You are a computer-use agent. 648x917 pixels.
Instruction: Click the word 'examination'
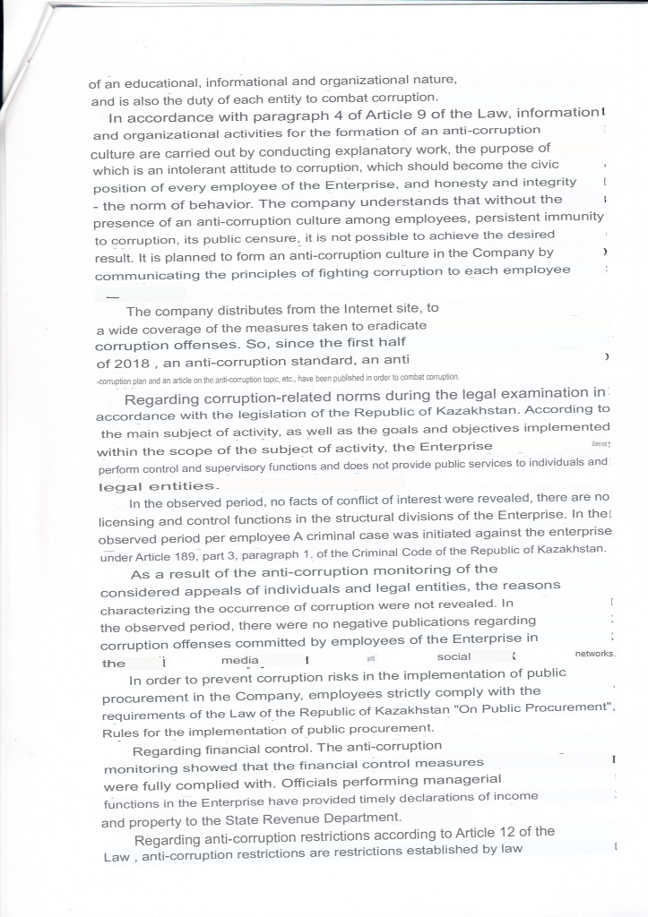coord(524,392)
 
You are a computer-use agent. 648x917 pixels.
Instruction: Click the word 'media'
coord(238,660)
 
